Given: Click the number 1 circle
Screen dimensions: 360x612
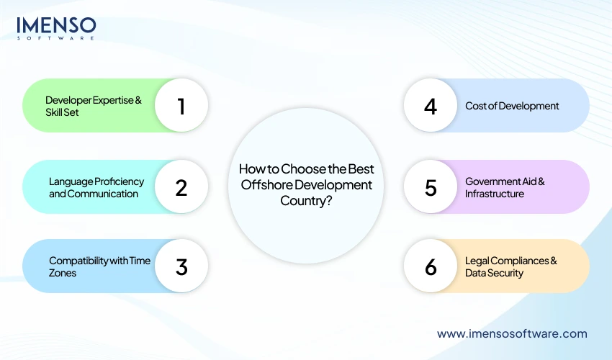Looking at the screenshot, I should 181,107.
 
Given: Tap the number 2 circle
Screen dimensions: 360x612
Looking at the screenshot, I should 181,187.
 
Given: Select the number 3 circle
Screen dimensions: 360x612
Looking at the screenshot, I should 181,266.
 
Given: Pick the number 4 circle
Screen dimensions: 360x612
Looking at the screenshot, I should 431,107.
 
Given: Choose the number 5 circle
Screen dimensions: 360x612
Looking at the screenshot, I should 431,187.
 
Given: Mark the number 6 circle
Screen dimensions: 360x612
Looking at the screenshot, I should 431,266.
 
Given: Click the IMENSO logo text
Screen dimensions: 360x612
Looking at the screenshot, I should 56,25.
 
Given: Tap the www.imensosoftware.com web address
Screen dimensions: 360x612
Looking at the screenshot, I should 512,333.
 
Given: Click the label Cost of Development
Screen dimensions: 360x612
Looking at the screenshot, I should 512,106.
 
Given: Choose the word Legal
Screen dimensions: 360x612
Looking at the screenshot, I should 478,261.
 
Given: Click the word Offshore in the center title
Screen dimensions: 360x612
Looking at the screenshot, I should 262,185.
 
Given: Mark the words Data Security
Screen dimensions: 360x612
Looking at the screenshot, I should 494,273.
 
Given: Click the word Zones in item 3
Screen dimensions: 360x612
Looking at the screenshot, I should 63,273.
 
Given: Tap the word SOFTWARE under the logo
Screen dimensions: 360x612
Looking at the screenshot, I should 56,37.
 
